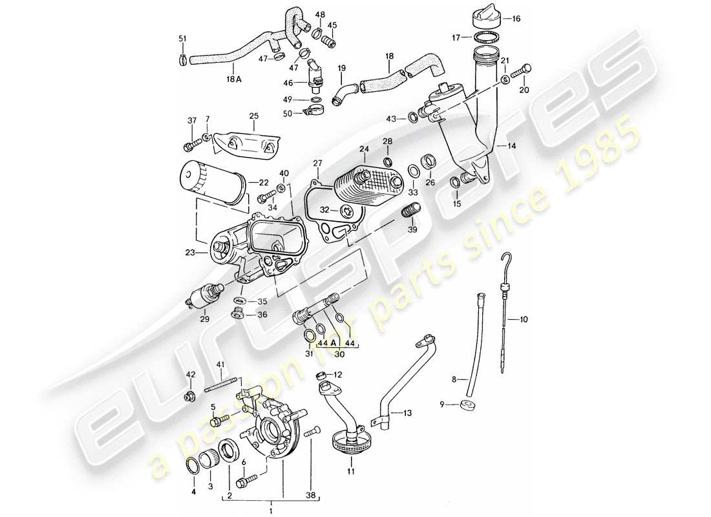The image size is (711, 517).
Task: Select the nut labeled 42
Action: (x=190, y=396)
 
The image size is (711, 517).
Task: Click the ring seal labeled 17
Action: (x=483, y=38)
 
